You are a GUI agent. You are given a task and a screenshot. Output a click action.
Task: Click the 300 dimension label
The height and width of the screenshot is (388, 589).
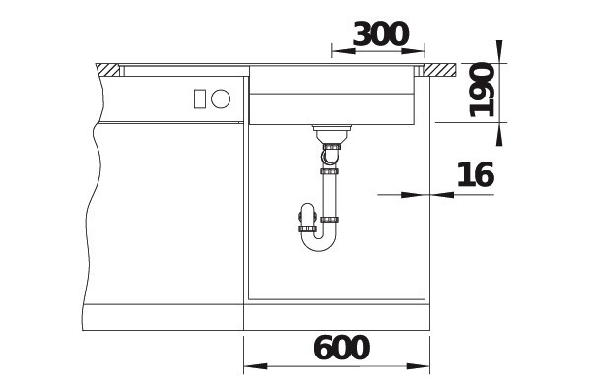380,34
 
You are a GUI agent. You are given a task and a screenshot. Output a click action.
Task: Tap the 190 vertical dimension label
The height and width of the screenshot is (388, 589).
482,90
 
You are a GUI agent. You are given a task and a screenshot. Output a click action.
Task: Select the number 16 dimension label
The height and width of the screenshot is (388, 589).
475,174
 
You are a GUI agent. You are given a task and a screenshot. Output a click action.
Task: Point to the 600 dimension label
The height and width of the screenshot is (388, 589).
342,348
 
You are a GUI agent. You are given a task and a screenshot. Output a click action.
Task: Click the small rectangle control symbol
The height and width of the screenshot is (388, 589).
200,99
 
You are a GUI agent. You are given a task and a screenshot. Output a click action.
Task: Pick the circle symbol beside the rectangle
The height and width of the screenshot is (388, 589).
221,98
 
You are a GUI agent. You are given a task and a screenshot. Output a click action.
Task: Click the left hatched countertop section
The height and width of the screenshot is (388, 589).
107,70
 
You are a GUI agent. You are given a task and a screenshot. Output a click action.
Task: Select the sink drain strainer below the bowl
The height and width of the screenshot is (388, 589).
332,133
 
